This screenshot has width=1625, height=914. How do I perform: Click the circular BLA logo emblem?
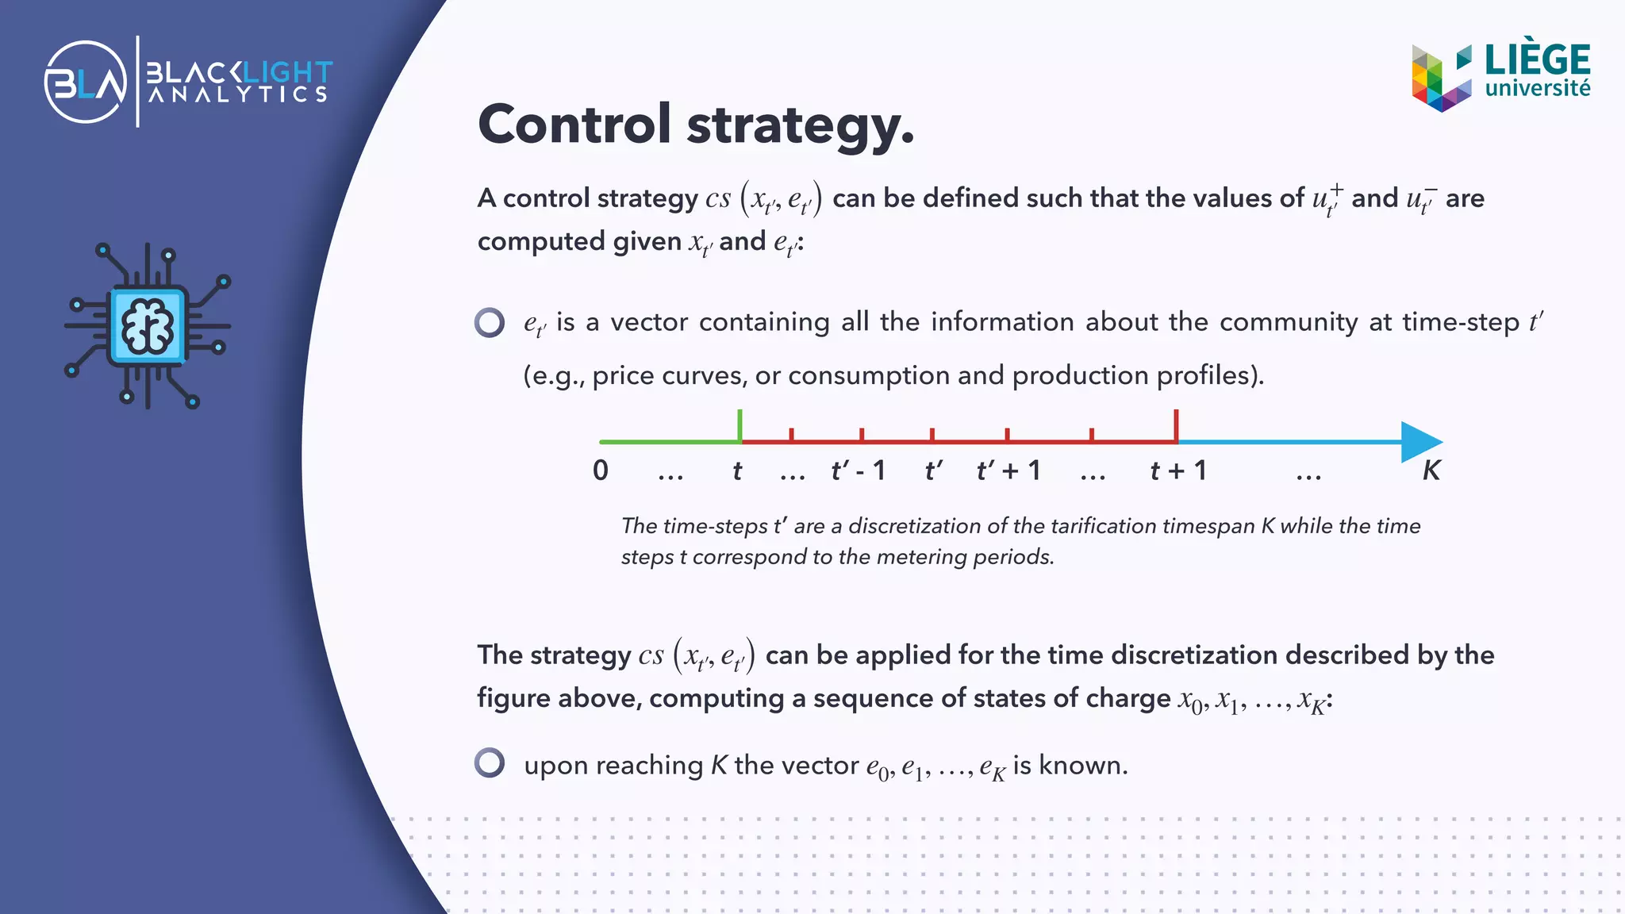coord(86,82)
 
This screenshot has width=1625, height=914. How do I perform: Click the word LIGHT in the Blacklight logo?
coord(287,73)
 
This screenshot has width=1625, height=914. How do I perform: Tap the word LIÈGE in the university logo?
coord(1537,60)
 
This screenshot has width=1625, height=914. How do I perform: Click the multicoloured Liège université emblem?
coord(1441,78)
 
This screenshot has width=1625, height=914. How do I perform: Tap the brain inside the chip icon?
coord(148,325)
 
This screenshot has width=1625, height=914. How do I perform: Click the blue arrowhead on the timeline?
coord(1420,441)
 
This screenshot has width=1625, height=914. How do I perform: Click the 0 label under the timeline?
coord(601,470)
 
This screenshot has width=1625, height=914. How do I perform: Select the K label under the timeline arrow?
coord(1431,470)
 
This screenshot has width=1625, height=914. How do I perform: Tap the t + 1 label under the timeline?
coord(1178,470)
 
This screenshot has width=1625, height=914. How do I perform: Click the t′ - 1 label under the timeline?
coord(858,470)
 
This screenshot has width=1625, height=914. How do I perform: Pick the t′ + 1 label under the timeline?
coord(1008,470)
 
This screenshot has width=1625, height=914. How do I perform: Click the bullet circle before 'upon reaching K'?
coord(490,762)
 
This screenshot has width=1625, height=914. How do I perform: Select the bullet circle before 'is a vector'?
coord(490,322)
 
